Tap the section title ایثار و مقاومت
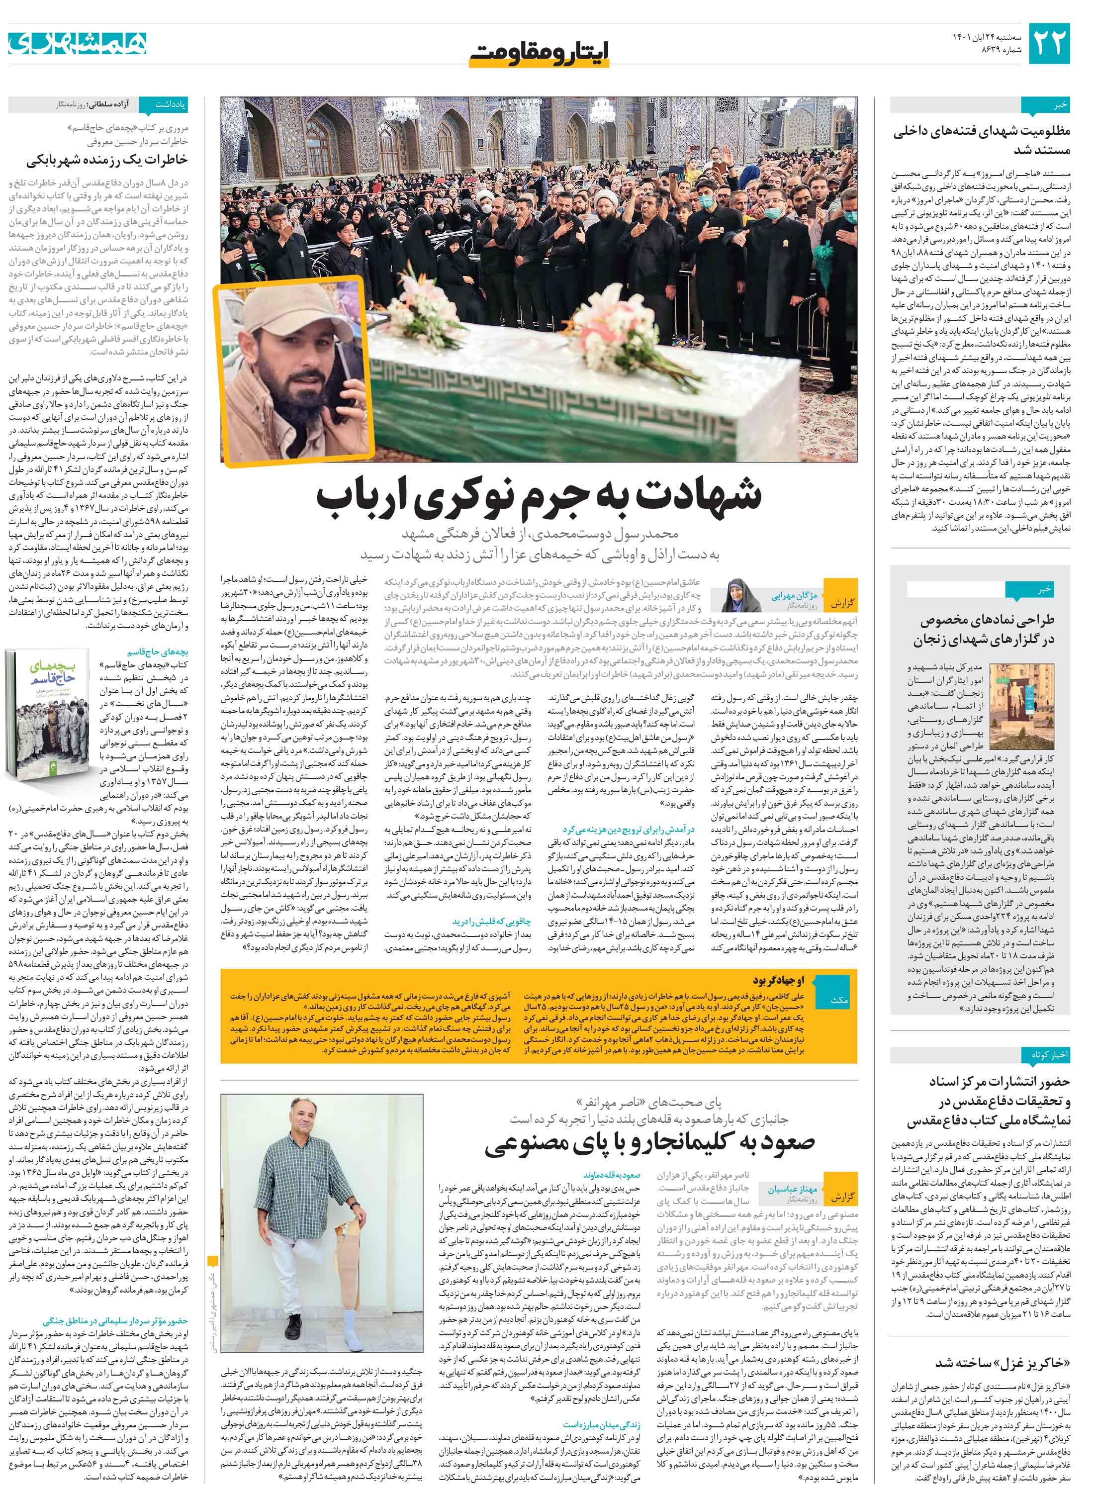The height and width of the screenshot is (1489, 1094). point(539,49)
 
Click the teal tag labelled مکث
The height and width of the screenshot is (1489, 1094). point(838,1000)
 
